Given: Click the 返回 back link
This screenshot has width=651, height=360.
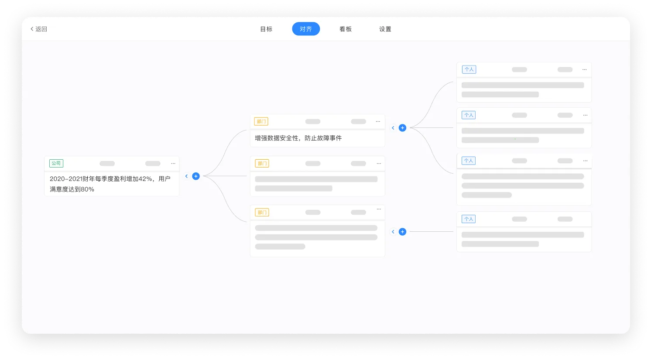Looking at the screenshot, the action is point(39,29).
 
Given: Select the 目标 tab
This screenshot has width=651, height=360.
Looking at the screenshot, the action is point(266,29).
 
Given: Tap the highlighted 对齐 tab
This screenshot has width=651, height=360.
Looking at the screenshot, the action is point(306,29).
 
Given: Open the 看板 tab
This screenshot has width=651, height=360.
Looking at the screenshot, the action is point(346,29).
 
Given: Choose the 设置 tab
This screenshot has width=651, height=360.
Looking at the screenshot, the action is point(385,29).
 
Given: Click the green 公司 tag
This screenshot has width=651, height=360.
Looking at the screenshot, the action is point(56,163).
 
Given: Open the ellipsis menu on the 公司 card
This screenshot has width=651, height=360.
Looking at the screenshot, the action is point(173,164).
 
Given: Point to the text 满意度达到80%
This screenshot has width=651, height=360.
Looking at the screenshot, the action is point(72,189).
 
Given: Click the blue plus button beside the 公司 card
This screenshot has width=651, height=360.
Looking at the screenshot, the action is point(196,176).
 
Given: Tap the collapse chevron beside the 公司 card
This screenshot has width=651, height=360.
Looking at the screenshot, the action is point(187,176).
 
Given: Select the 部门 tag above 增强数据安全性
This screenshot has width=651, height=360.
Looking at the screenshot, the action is point(261,121).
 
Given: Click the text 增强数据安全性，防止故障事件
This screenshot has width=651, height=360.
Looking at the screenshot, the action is point(298,138).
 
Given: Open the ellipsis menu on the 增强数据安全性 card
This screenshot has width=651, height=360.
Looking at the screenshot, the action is point(378,121).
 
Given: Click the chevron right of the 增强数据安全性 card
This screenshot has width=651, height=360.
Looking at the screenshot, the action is point(393,128).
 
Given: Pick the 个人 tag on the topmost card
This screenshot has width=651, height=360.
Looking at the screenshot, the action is point(469,69).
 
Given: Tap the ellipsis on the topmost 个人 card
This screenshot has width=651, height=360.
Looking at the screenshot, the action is point(584,70).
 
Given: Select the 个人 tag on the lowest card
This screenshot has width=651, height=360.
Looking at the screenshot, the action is point(469,219).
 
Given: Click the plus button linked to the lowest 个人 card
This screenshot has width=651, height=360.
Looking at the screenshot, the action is point(403,232).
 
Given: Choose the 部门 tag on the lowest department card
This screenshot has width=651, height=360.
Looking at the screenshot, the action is point(262,213).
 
